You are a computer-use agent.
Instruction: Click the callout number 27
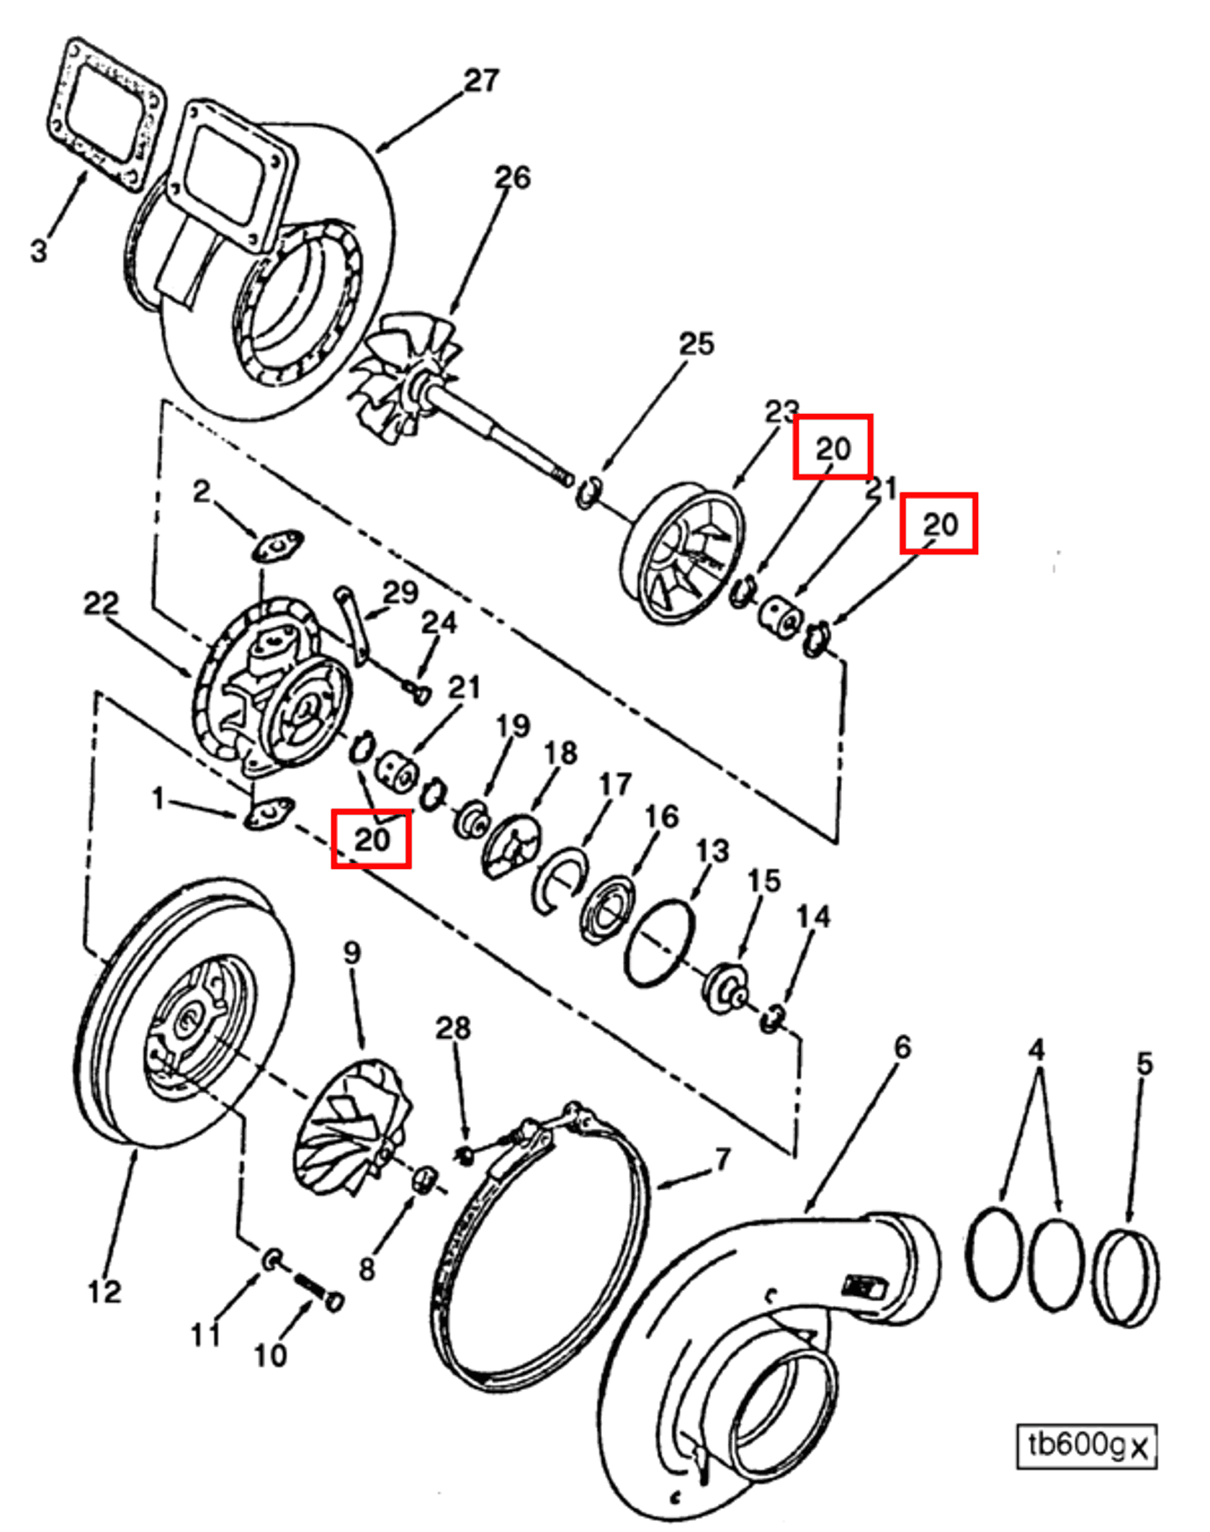[481, 81]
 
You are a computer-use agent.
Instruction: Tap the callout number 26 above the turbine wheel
[512, 178]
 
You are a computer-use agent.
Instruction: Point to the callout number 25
[696, 344]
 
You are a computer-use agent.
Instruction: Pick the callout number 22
[100, 603]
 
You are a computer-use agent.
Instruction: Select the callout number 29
[400, 592]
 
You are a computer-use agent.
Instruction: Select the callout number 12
[104, 1292]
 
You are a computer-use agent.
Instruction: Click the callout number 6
[902, 1047]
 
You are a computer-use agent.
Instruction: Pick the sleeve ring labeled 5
[1125, 1278]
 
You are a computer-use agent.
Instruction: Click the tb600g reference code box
[1085, 1445]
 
